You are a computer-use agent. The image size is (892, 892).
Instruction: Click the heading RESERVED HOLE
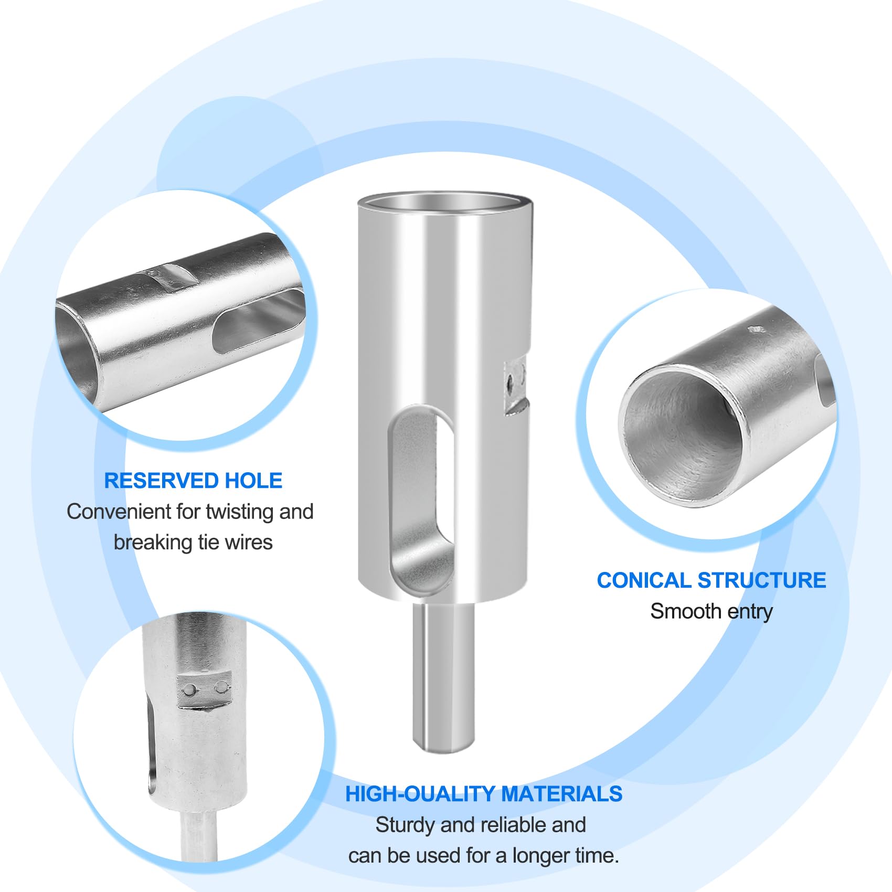click(x=193, y=481)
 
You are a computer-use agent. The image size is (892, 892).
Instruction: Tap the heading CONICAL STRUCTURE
click(x=712, y=580)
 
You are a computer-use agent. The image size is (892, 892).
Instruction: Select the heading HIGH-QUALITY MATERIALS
click(x=484, y=794)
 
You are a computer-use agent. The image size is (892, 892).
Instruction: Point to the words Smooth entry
click(x=712, y=611)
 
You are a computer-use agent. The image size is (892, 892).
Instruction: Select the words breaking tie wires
click(x=193, y=543)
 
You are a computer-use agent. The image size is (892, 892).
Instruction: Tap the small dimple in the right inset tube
click(x=757, y=330)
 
